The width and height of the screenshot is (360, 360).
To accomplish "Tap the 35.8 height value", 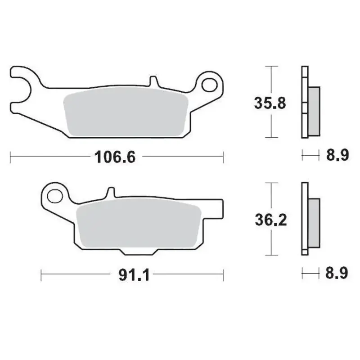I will click(270, 103).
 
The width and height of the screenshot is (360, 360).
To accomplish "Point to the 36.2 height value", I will click(270, 220).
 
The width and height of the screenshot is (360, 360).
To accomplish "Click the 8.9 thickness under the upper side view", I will click(337, 156).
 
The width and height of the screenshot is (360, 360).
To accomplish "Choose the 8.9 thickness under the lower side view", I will click(337, 273).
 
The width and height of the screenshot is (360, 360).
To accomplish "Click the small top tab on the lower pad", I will click(110, 193).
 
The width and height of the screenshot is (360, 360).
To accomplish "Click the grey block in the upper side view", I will click(314, 110).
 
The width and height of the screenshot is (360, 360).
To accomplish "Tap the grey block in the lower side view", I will click(314, 222).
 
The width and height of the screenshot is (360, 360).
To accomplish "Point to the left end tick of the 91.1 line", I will click(41, 274).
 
